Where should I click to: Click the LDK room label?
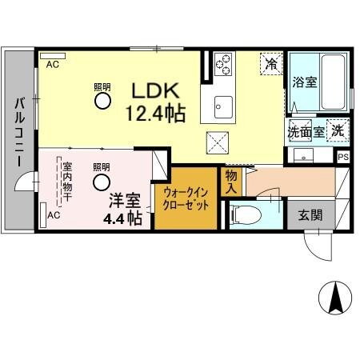pos(155,90)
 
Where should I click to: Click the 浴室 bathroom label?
pos(305,82)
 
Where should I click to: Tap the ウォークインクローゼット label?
pos(186,198)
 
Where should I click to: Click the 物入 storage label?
pos(231,181)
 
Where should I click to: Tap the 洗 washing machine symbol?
pos(339,130)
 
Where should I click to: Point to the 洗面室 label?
pos(307,130)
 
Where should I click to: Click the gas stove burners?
pos(222,62)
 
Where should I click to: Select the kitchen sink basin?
pos(222,106)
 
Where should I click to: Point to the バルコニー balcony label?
pos(18,133)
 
